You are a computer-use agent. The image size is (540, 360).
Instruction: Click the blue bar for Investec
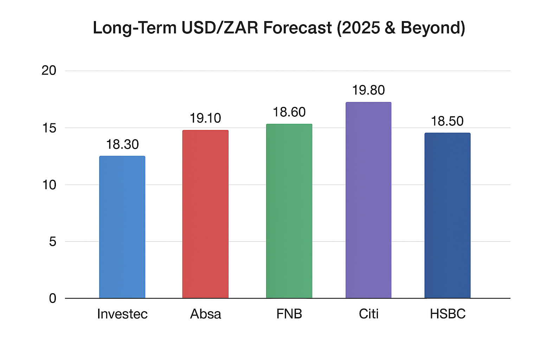tap(122, 227)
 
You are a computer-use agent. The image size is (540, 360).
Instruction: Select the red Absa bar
tap(205, 214)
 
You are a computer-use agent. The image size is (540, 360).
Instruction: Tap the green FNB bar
tap(289, 211)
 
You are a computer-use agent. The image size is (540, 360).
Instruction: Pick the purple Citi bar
tap(368, 200)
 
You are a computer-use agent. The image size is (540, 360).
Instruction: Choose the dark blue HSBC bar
tap(448, 216)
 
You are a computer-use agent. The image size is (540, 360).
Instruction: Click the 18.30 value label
tap(122, 144)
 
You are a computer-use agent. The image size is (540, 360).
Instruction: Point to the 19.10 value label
tap(205, 118)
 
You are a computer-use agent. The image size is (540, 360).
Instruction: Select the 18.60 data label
tap(289, 112)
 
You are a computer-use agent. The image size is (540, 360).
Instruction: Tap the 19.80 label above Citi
tap(368, 90)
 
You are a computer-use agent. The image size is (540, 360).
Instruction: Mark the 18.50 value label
tap(447, 121)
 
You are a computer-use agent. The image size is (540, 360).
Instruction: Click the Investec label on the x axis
tap(122, 314)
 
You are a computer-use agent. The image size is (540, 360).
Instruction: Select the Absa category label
tap(206, 314)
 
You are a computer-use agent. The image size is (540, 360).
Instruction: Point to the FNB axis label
tap(289, 314)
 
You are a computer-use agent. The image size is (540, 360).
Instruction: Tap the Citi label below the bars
tap(368, 314)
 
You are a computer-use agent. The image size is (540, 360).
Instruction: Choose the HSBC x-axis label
tap(448, 314)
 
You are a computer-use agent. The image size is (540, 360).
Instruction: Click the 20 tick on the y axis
tap(49, 71)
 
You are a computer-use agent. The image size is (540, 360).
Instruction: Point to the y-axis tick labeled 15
tap(49, 128)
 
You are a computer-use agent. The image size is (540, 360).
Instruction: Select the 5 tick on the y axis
tap(52, 242)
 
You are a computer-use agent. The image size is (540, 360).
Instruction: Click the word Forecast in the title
tap(297, 28)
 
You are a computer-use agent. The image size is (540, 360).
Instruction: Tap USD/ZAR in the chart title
tap(220, 28)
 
